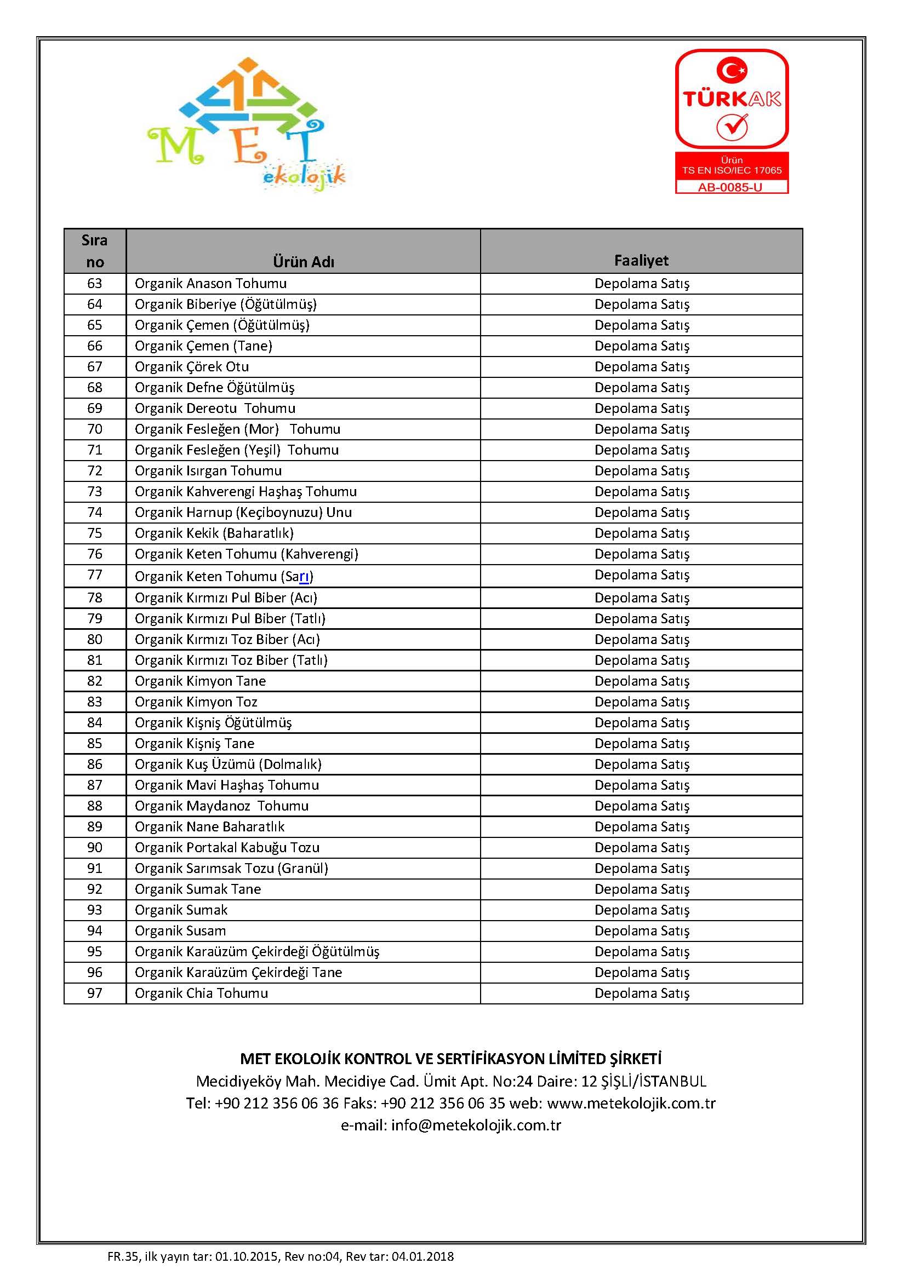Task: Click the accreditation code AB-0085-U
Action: pos(731,187)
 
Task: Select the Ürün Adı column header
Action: pos(303,261)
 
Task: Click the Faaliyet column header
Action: pos(641,260)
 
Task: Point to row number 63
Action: pos(95,284)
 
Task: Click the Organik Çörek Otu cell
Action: pos(191,366)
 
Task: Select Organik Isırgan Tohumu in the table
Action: pos(208,470)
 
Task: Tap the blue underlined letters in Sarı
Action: pos(304,576)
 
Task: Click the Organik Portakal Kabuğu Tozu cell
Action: pos(227,847)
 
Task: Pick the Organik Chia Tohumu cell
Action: pos(201,993)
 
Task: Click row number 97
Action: pos(95,993)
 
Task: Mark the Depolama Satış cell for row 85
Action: pos(641,743)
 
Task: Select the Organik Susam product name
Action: pos(180,930)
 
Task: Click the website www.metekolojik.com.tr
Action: pos(631,1103)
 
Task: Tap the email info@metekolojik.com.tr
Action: pos(476,1125)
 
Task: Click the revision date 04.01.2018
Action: pos(423,1256)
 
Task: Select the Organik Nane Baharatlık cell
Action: pos(209,826)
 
